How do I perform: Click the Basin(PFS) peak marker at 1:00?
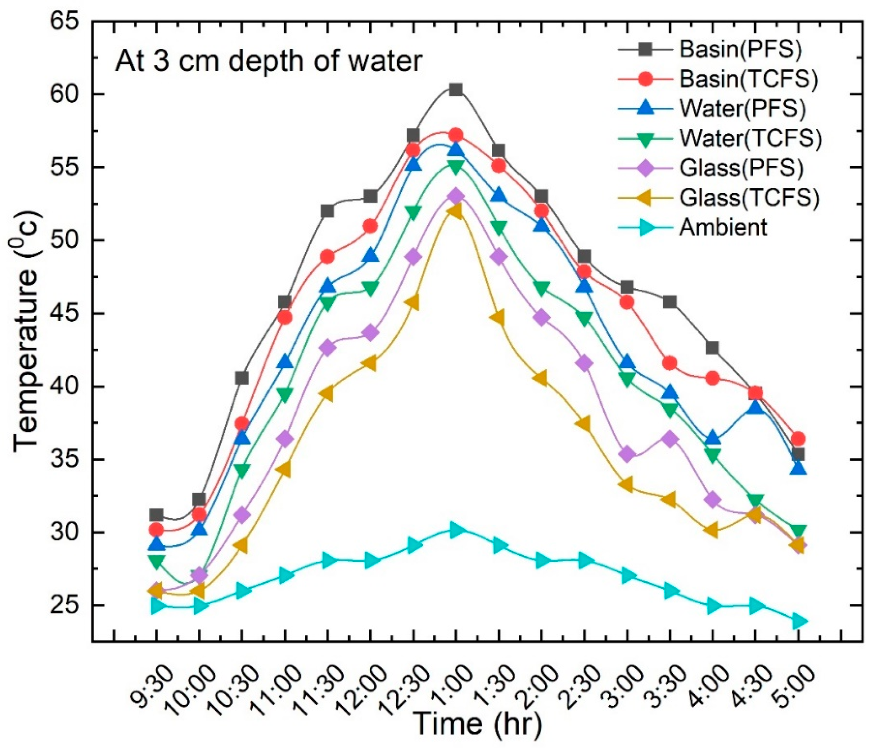tap(456, 89)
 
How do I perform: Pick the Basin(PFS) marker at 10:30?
tap(242, 378)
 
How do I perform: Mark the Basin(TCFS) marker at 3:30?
tap(670, 363)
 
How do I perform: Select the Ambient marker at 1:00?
tap(456, 530)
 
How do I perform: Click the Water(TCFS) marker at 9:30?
tap(156, 561)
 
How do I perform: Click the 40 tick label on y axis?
tap(64, 387)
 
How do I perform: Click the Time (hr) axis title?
tap(477, 724)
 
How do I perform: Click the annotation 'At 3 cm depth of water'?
tap(269, 62)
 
